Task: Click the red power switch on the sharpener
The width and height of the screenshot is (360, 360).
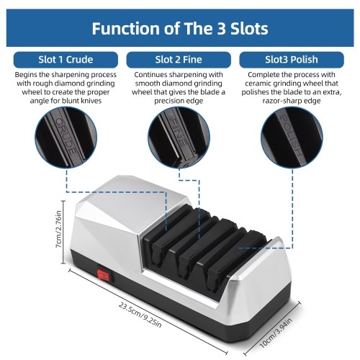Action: coord(104,276)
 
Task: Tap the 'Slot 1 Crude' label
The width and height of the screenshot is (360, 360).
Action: coord(66,60)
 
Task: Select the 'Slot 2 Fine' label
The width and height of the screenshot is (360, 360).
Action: coord(179,60)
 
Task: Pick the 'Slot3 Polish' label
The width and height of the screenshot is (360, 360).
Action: coord(292,60)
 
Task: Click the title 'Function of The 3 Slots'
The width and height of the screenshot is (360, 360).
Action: coord(180,28)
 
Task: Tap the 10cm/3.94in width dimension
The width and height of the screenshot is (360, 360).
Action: coord(276,333)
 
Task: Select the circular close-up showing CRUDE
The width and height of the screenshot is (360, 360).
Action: coord(66,138)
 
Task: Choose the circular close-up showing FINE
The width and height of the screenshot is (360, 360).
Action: coord(179,138)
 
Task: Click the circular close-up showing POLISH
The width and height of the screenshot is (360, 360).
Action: coord(292,138)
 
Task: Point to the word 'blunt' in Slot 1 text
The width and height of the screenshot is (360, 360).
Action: coord(71,101)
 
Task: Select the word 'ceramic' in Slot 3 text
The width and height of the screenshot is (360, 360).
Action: coord(258,84)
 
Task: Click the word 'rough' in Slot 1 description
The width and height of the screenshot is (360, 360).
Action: coord(40,84)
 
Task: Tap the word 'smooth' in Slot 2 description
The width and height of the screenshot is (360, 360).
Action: coord(147,84)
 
